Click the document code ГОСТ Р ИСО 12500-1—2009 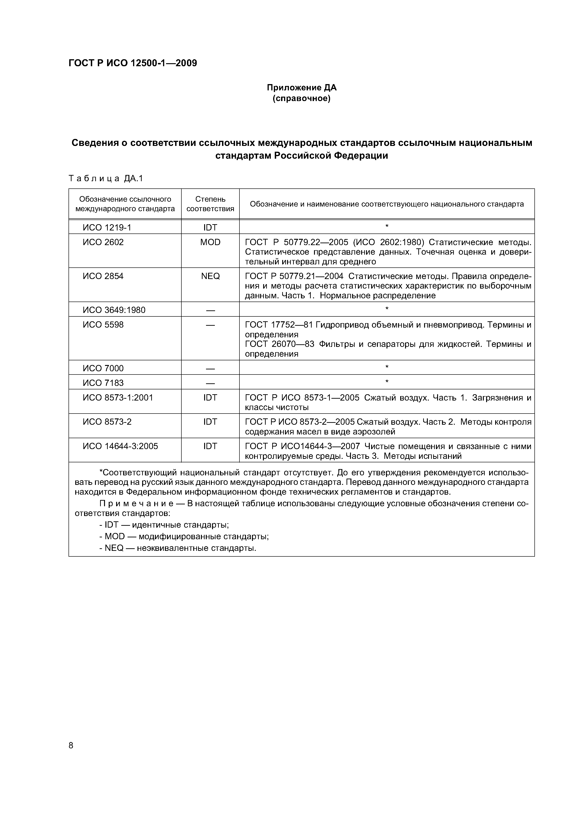132,63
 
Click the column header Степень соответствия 210,204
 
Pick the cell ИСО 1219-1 107,227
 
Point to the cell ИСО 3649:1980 114,310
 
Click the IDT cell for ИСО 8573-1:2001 210,398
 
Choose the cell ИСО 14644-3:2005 120,446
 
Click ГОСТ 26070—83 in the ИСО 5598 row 280,344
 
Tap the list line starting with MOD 184,536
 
